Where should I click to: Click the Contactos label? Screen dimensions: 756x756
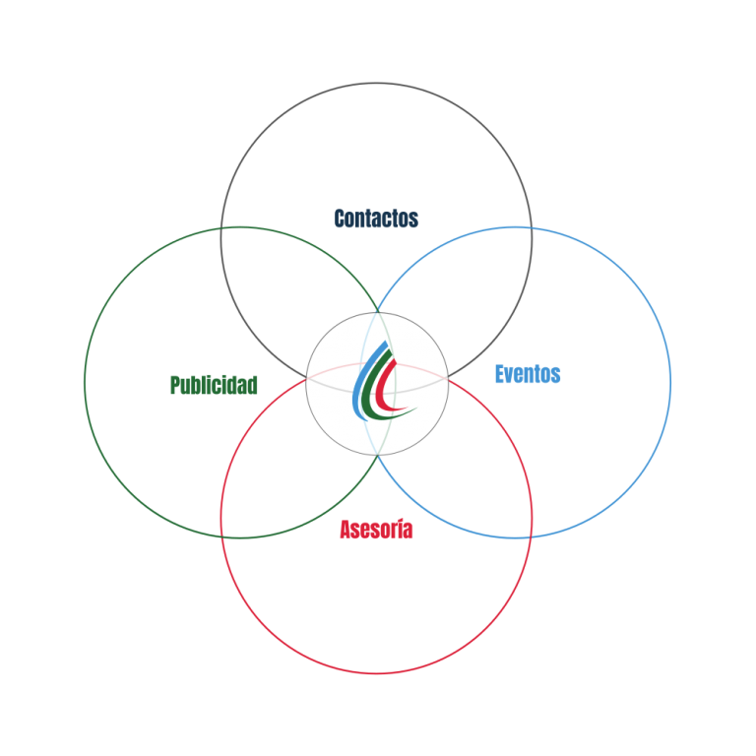coord(376,219)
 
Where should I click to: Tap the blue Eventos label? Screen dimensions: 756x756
coord(528,374)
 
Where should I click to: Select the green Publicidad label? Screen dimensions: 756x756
coord(214,385)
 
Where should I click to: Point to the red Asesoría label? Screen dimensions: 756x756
coord(376,530)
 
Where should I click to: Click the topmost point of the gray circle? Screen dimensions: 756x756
coord(376,83)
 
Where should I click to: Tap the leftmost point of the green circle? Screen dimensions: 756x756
coord(85,382)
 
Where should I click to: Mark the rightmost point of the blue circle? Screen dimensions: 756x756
coord(670,382)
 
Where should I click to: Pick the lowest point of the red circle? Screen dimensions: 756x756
coord(376,673)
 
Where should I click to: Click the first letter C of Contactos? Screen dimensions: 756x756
coord(339,219)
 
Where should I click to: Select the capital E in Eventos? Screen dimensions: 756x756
coord(499,374)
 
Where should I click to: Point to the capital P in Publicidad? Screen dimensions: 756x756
coord(174,385)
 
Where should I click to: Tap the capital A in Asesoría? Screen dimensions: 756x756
coord(345,530)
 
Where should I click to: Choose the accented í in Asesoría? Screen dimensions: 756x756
coord(400,529)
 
